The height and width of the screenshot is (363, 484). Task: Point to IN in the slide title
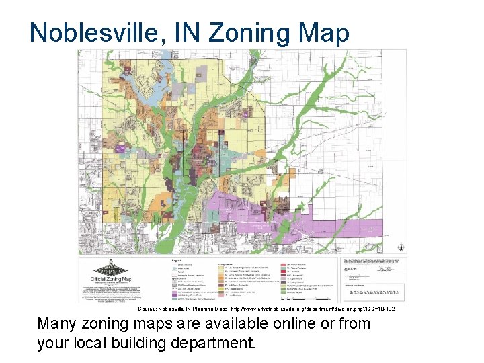(177, 32)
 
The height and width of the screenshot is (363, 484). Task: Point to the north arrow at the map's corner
(401, 244)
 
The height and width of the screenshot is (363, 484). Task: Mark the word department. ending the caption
(220, 344)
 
